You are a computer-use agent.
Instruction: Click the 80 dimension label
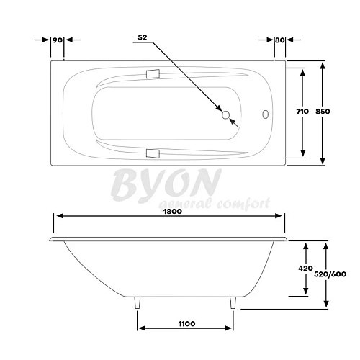279,40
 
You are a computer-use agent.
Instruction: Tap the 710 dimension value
302,112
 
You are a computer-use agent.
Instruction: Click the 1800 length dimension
171,211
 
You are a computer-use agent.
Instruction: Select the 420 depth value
305,269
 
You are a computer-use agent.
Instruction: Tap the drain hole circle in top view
226,114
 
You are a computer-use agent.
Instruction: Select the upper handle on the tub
152,73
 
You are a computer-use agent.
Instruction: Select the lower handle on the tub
152,153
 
